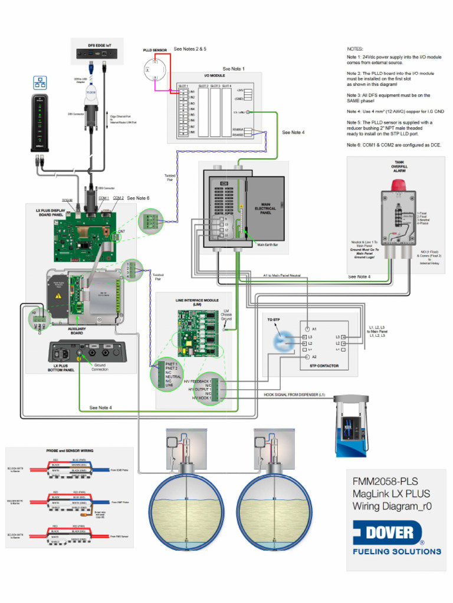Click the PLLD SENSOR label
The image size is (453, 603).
[x=155, y=51]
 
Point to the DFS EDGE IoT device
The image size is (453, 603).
[x=97, y=54]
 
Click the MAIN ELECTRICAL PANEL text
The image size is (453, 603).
[x=265, y=208]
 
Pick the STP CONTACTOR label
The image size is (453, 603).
[x=324, y=366]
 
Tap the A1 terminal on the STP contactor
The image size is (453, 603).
[x=307, y=328]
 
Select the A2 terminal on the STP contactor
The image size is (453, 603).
[x=307, y=357]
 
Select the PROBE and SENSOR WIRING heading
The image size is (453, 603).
[x=70, y=450]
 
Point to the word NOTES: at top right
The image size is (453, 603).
[x=355, y=49]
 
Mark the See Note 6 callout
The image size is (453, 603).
[x=138, y=198]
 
